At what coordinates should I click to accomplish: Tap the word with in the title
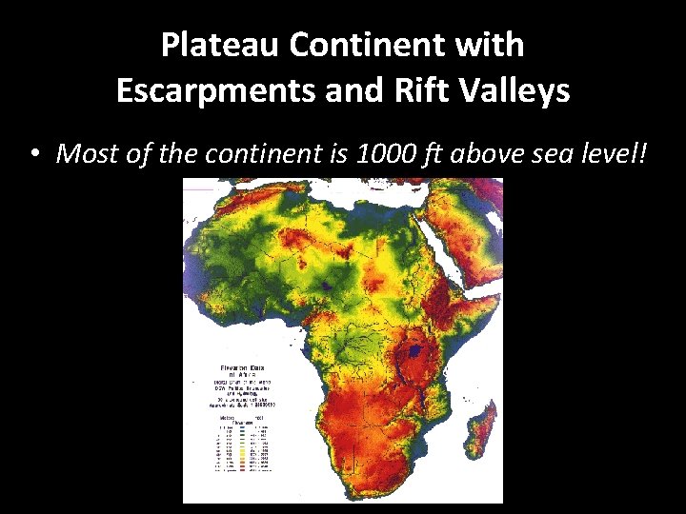489,44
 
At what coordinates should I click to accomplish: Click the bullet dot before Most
35,153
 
